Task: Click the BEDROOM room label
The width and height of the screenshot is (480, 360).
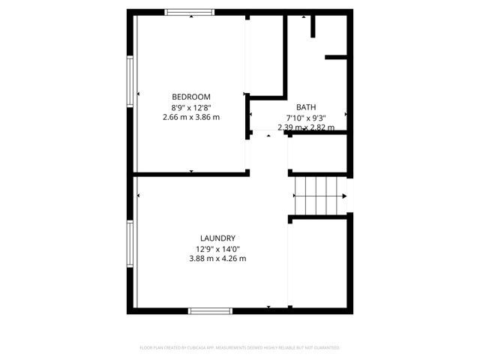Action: coord(191,97)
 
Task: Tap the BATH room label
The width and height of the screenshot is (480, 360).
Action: coord(306,107)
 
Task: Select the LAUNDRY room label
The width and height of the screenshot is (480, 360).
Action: coord(217,238)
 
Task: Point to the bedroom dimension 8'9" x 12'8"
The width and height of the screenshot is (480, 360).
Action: coord(191,107)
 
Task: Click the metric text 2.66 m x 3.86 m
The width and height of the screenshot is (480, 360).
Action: coord(191,117)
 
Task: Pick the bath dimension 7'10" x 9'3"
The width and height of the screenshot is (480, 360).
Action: coord(306,118)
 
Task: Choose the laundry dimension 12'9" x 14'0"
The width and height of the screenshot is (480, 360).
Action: coord(217,249)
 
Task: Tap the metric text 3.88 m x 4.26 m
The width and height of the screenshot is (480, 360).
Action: coord(217,259)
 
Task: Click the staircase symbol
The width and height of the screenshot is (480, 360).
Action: coord(318,195)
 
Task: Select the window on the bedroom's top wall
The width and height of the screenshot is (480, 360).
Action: coord(189,12)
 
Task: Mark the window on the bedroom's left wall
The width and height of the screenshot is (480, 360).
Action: coord(130,82)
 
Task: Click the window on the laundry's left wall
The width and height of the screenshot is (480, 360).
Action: coord(130,244)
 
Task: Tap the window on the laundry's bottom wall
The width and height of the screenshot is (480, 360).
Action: coord(211,310)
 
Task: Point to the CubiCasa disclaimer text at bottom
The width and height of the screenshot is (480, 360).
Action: coord(240,348)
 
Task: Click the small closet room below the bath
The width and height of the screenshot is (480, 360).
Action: coord(318,154)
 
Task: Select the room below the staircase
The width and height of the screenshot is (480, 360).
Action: coord(318,262)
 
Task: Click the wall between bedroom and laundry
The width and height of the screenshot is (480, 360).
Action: coord(191,174)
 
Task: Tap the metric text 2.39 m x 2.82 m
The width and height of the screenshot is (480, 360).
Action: coord(306,127)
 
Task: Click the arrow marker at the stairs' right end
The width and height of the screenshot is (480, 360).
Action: coord(346,195)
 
